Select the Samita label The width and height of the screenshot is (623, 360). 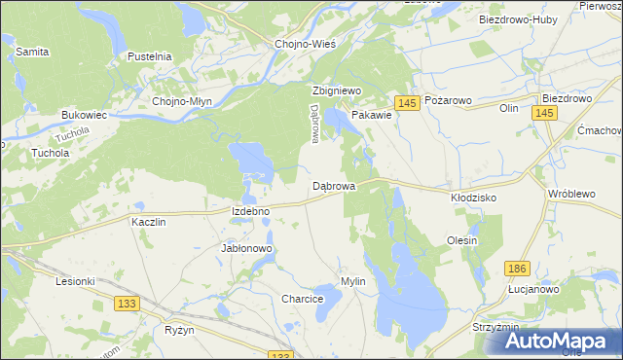[33, 51]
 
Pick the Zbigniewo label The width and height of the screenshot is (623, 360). [336, 90]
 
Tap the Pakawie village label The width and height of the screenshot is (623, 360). [372, 115]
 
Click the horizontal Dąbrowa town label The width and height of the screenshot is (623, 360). [333, 185]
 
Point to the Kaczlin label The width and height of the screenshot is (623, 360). [149, 222]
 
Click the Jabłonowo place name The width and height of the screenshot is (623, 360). [247, 248]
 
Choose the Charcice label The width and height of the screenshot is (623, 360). [302, 299]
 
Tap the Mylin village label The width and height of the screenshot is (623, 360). [352, 281]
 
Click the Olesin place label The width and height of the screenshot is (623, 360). [461, 240]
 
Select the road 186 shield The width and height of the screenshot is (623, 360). [517, 267]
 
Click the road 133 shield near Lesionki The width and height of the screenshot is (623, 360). [126, 305]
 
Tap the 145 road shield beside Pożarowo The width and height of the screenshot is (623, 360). [407, 103]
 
